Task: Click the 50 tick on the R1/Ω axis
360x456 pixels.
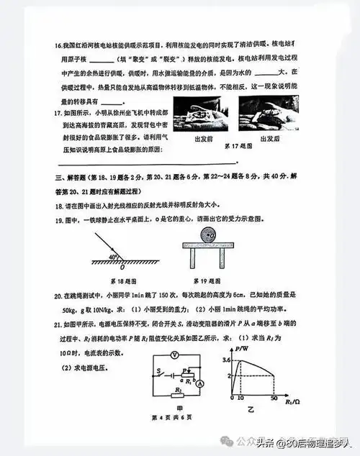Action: coord(273,398)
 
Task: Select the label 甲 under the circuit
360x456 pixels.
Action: coord(177,408)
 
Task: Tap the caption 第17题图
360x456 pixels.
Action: coord(236,146)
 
